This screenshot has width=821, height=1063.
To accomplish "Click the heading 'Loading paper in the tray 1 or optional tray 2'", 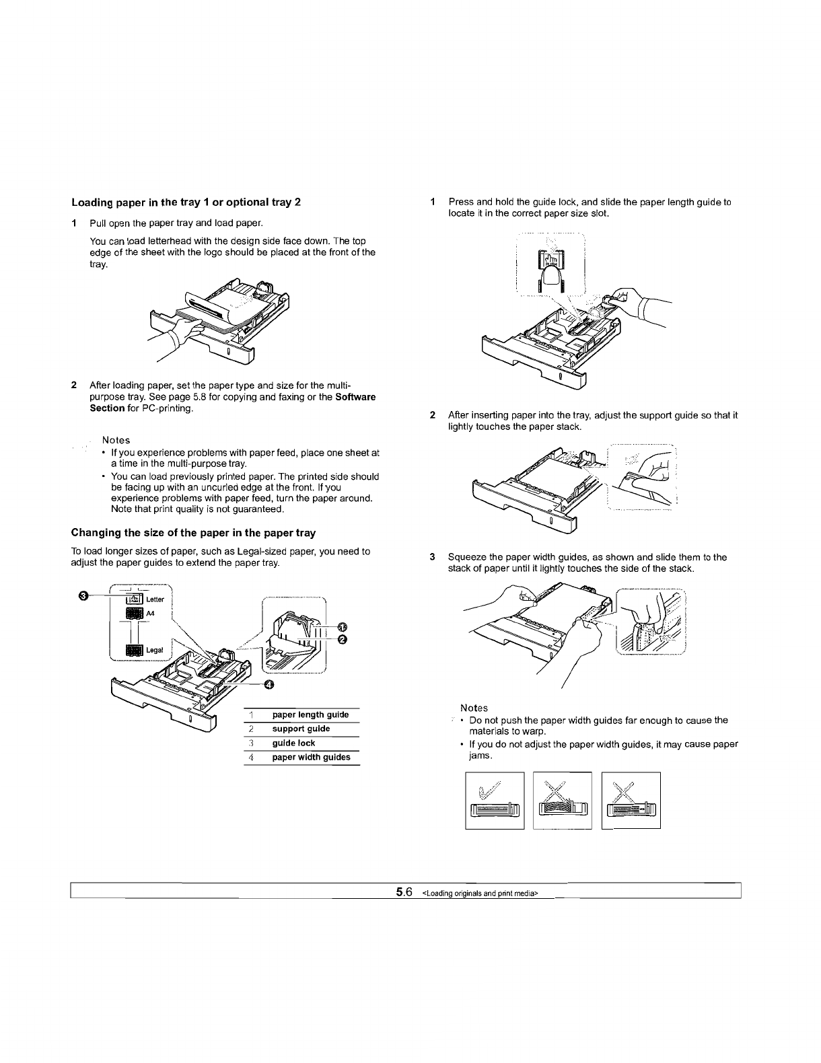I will [x=186, y=203].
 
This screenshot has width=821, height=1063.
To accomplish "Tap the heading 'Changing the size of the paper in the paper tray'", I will [x=193, y=533].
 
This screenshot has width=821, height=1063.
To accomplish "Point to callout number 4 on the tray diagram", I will [x=269, y=685].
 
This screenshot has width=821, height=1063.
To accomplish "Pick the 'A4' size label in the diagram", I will [x=150, y=613].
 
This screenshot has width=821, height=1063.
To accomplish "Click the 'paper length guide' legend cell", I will [x=310, y=714].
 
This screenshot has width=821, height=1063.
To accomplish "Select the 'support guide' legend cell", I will [x=301, y=729].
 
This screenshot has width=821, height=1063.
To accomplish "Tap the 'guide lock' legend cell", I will [x=293, y=743].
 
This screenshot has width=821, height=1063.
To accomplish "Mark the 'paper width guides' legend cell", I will [x=311, y=757].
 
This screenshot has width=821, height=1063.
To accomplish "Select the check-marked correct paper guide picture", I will [x=495, y=801].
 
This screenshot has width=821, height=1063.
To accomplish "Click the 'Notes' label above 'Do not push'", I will [x=474, y=708].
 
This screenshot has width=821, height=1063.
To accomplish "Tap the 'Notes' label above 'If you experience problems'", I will [x=116, y=440].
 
